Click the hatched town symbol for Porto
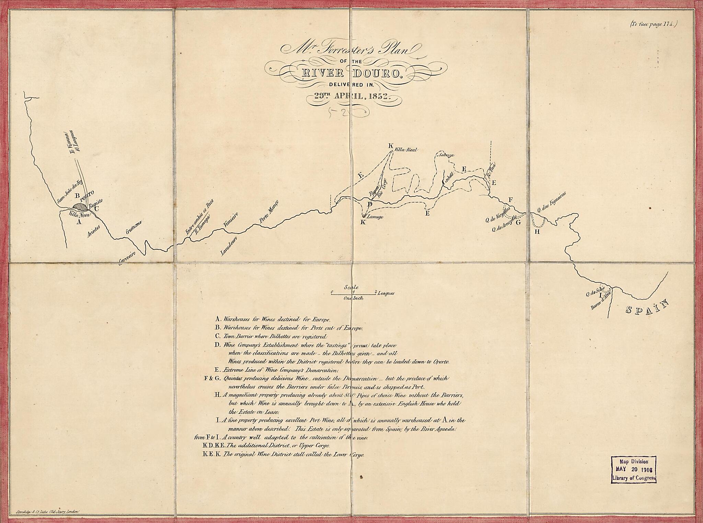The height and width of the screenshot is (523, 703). tap(81, 206)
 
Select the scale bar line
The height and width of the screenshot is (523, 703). tap(353, 294)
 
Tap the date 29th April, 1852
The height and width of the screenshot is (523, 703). tap(353, 96)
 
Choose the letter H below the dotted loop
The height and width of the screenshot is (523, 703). tap(537, 231)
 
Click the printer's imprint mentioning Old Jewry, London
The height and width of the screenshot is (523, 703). tap(48, 512)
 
